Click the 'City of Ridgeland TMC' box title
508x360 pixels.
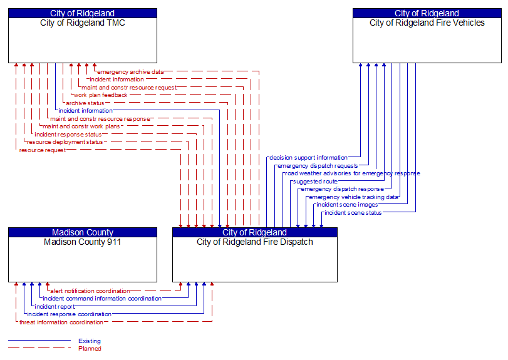click(x=82, y=23)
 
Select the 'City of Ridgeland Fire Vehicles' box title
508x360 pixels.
click(x=427, y=23)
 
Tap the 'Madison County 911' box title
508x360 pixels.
click(x=82, y=242)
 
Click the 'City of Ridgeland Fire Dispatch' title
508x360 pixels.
click(x=254, y=242)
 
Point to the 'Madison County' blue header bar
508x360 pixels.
click(x=82, y=232)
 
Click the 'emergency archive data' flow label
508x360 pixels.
click(x=130, y=72)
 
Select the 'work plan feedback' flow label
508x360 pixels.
click(x=100, y=95)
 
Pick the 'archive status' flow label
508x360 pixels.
click(x=85, y=103)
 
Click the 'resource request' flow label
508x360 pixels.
click(x=42, y=150)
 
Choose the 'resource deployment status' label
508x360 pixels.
click(x=65, y=142)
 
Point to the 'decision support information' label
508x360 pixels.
click(x=308, y=158)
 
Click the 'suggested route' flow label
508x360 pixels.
click(x=315, y=182)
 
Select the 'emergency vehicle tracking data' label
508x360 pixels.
click(x=353, y=197)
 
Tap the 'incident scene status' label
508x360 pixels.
click(x=353, y=213)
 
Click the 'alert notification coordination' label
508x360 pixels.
click(x=90, y=291)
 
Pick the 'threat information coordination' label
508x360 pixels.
click(x=61, y=322)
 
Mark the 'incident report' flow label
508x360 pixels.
click(x=54, y=307)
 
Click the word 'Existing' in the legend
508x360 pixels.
click(x=90, y=341)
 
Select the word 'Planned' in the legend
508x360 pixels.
click(x=90, y=349)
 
